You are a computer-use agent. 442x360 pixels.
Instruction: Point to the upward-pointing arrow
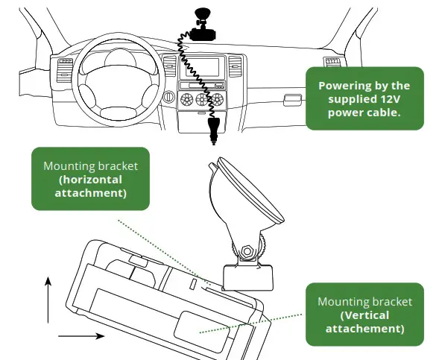click(48, 298)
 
